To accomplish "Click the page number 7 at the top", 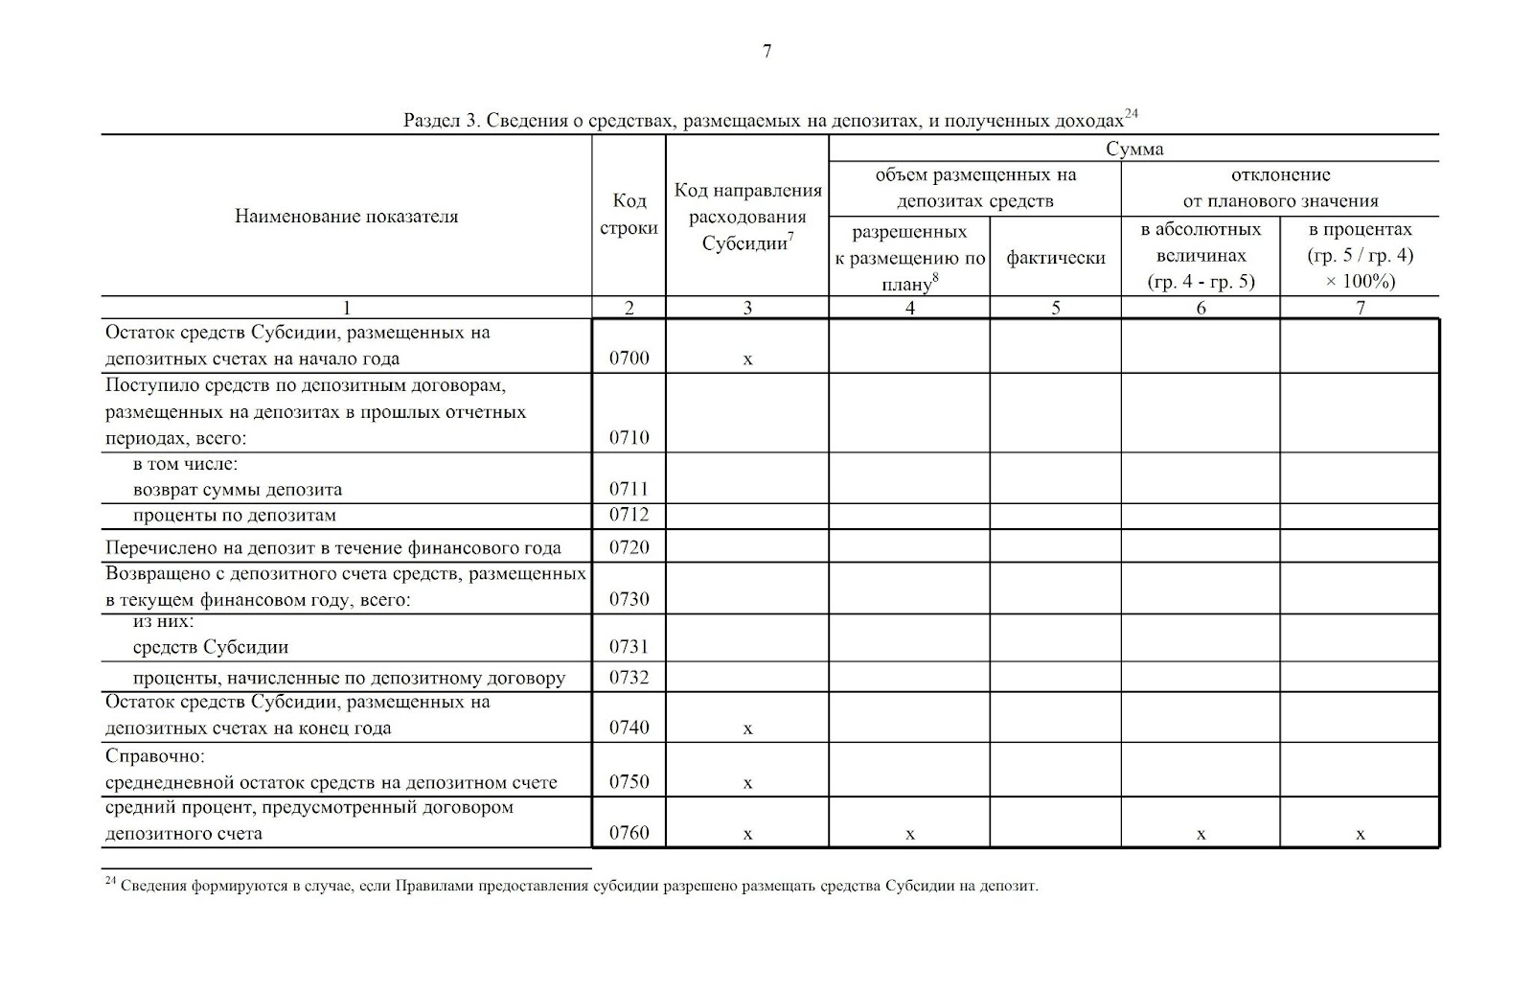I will [766, 52].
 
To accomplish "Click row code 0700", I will [629, 358].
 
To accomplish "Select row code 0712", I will [629, 515].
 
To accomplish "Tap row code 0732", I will [629, 678].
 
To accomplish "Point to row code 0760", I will [629, 832].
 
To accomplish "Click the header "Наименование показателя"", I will [346, 216].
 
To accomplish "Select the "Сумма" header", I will [1134, 149].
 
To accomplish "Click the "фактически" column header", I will [1055, 258].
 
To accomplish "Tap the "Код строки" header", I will [629, 214].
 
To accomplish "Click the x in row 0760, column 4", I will [909, 835].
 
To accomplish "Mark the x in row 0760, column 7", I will [1360, 835].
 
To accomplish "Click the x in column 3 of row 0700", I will [747, 360].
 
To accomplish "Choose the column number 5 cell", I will [1055, 308].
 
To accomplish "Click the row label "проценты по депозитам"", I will [235, 516].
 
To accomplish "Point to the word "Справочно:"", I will [154, 756].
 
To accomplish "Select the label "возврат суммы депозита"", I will [238, 489].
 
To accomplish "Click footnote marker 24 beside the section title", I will [1131, 114].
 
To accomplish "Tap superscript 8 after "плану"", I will [934, 278].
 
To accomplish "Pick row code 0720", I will [629, 547].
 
